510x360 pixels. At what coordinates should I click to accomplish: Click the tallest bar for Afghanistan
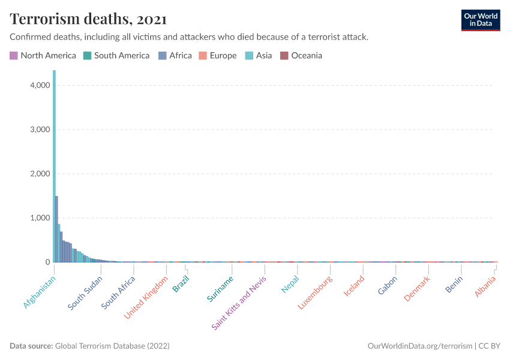pos(54,168)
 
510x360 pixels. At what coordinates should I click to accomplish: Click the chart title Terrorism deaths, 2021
pos(88,19)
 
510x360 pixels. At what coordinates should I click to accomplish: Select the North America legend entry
pos(43,56)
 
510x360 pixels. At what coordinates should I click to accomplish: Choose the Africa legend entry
pos(175,56)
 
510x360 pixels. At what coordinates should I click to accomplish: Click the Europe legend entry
pos(217,56)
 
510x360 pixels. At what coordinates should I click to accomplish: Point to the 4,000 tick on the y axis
pos(40,85)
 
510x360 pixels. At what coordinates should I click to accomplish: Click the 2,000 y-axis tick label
pos(40,173)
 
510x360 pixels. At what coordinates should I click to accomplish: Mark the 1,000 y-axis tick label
pos(40,218)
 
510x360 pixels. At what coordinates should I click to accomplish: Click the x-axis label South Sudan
pos(85,292)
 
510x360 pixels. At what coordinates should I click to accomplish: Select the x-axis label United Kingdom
pos(146,298)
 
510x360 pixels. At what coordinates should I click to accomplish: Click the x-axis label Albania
pos(485,287)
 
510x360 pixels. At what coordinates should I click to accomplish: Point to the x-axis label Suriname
pos(220,289)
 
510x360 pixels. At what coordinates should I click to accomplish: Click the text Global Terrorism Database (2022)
pos(112,346)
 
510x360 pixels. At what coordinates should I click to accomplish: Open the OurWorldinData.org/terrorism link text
pos(419,346)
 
